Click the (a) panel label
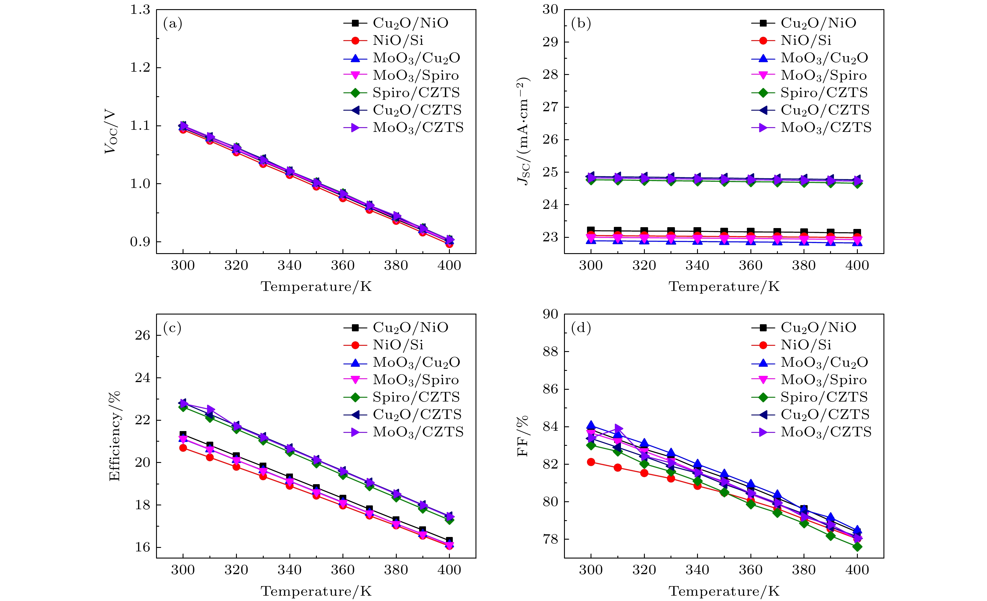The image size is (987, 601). coord(173,24)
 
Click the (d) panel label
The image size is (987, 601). coord(581,329)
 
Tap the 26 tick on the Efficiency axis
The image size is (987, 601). coord(142,335)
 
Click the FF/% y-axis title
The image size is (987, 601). coord(522,436)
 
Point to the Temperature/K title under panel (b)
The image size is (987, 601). coord(724,287)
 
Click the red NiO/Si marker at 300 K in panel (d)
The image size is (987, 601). coord(591,462)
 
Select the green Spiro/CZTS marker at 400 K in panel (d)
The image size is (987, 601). coord(857,546)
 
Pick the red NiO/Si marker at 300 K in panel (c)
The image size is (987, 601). coord(183,448)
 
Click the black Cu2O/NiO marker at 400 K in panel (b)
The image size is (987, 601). coord(857,233)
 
